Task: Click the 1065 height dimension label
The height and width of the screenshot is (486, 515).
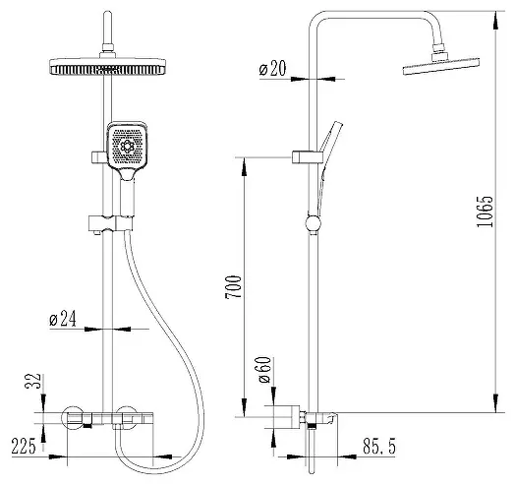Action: pyautogui.click(x=485, y=213)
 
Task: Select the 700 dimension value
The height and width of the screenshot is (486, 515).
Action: pyautogui.click(x=233, y=287)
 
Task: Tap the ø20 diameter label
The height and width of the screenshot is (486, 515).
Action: pyautogui.click(x=272, y=69)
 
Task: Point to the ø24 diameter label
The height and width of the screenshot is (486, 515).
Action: pyautogui.click(x=63, y=319)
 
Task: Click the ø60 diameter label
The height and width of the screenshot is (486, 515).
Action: pyautogui.click(x=264, y=370)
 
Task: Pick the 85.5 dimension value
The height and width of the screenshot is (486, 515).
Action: pyautogui.click(x=379, y=446)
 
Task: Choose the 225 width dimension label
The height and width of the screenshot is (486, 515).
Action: pyautogui.click(x=24, y=447)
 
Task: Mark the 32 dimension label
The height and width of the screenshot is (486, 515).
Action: pyautogui.click(x=32, y=381)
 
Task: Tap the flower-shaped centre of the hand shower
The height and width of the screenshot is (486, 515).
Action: pyautogui.click(x=127, y=146)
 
